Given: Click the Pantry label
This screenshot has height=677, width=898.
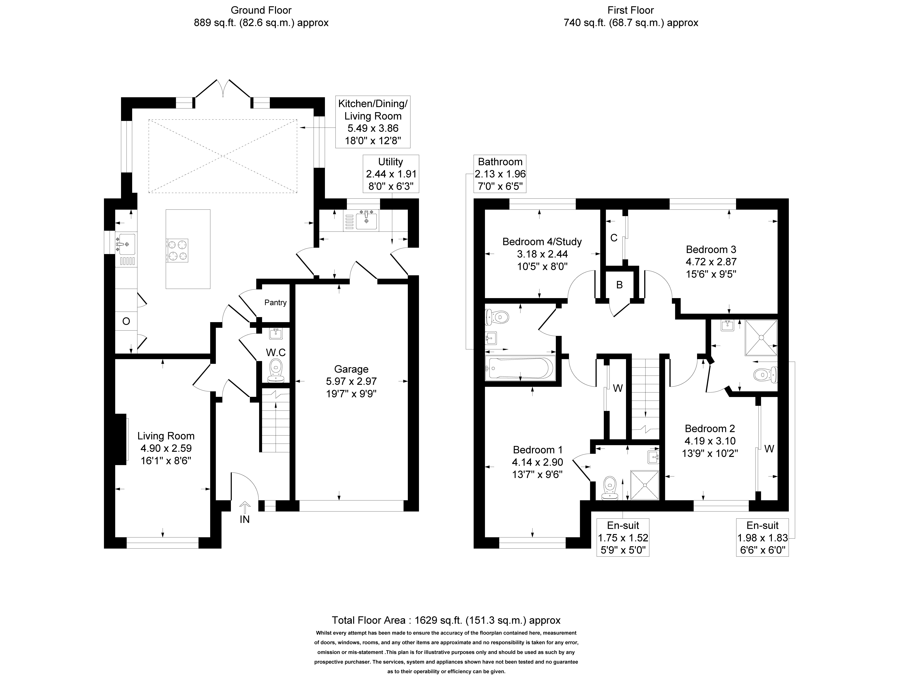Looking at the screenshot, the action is tap(275, 302).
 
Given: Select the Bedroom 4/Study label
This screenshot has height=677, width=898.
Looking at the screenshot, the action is tap(542, 242).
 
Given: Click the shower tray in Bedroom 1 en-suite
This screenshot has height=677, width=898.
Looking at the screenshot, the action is tap(644, 485).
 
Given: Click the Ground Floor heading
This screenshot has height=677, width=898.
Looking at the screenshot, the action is tap(261, 10).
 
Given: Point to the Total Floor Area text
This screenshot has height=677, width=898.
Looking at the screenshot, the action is tap(446, 620).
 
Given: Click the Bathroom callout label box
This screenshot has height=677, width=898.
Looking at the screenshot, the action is tap(500, 174).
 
